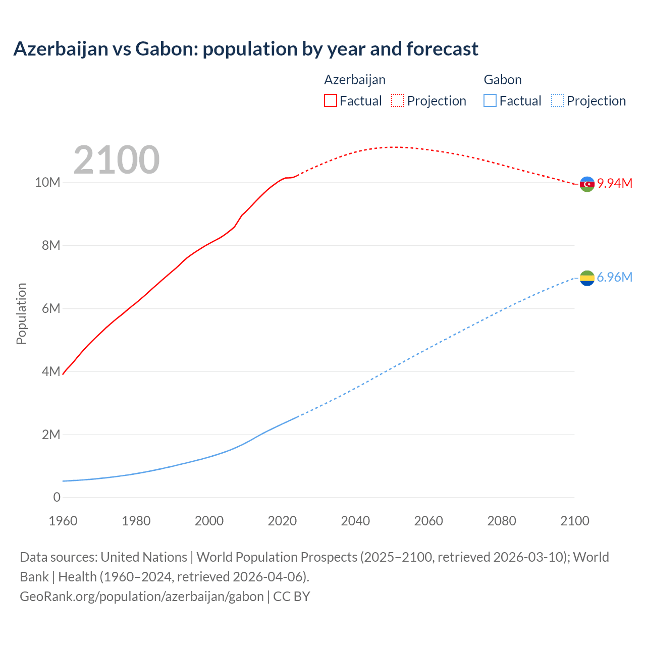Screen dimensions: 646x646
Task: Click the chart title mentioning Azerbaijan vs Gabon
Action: pos(246,49)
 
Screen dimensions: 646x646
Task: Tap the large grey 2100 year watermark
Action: pos(117,160)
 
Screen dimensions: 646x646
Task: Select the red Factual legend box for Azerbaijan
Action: pos(331,100)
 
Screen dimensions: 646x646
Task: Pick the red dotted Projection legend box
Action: pos(398,100)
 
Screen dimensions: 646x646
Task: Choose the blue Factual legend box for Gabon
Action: pos(490,100)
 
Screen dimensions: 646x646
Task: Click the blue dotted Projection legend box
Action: pos(557,100)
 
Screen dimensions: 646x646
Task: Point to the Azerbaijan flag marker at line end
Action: pos(587,184)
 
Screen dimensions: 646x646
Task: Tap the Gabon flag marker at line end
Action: pos(587,278)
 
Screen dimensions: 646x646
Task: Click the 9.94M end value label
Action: pos(615,183)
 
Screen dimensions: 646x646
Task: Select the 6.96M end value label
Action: pos(615,277)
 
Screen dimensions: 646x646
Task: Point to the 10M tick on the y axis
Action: pos(47,182)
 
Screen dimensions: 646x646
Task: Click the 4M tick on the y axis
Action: pos(50,371)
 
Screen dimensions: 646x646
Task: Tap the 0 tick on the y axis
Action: pos(57,497)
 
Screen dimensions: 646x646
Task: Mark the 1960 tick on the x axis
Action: pos(63,521)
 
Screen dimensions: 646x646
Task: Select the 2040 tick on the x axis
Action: pos(355,521)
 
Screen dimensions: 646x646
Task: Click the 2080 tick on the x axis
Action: pos(502,521)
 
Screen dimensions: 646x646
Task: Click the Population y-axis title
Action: pos(21,313)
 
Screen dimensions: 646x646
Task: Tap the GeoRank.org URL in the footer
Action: pos(141,596)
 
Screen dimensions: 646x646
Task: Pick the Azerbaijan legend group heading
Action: pos(355,80)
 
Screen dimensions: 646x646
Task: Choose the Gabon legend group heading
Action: pos(503,80)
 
